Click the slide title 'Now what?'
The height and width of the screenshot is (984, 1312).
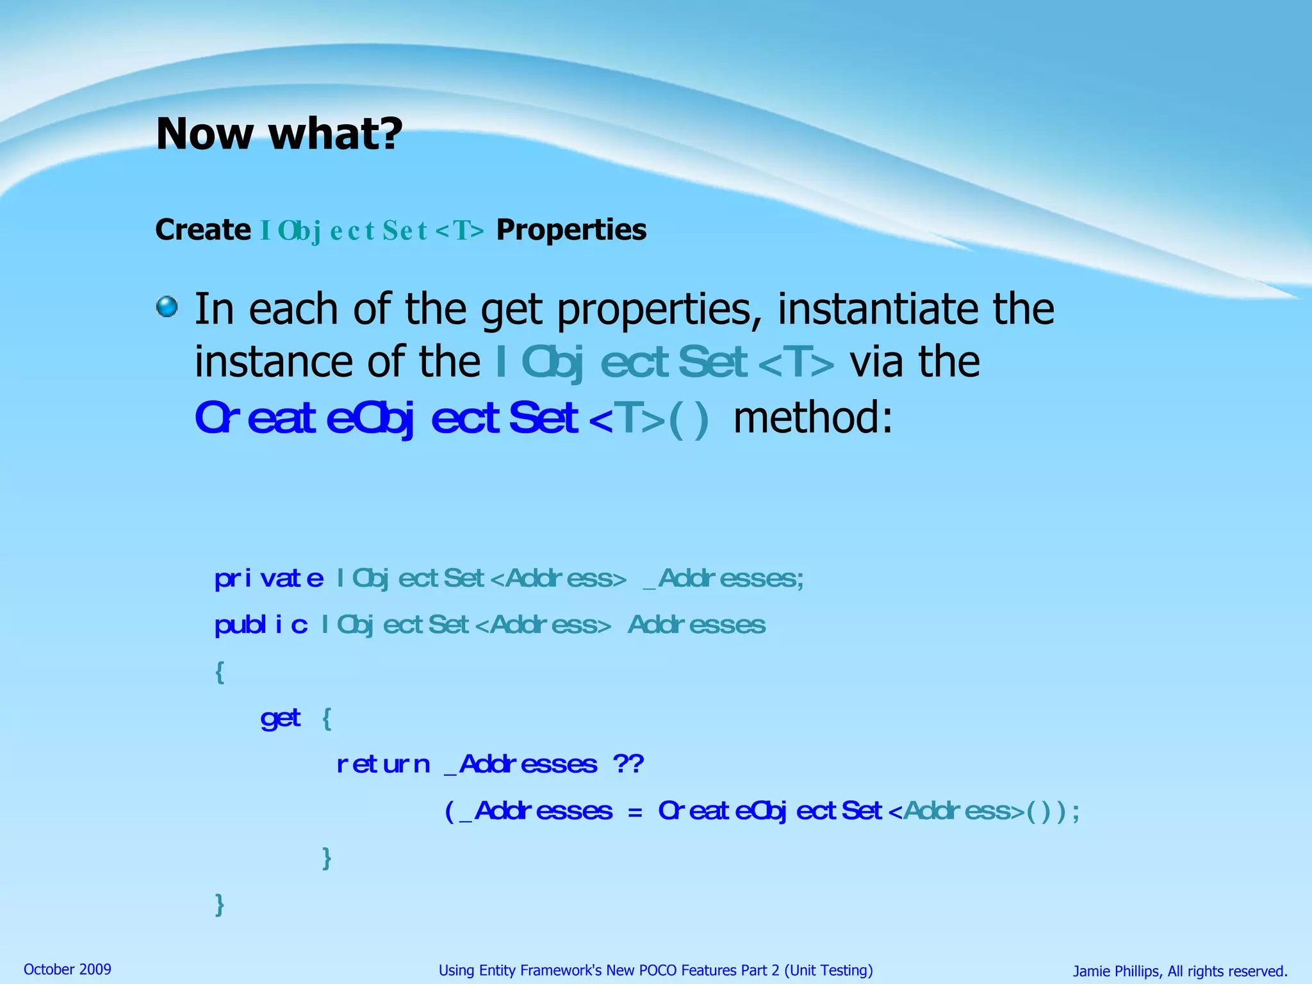(x=279, y=134)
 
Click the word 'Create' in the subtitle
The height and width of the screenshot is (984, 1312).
(x=203, y=230)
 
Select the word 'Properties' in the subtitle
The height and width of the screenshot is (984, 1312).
(x=571, y=230)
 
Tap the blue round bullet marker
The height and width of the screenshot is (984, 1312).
(x=167, y=306)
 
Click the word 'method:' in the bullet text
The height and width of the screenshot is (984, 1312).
(x=812, y=418)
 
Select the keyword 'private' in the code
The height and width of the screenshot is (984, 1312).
(x=269, y=578)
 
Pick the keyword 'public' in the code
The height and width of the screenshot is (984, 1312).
(x=261, y=625)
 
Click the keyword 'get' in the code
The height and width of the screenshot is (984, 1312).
(x=281, y=718)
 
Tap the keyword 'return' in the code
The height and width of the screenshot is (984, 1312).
(x=383, y=764)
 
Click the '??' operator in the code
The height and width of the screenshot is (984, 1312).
(x=628, y=764)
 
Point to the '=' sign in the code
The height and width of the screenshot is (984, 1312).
(x=635, y=812)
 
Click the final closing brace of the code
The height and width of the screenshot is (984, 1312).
(x=220, y=905)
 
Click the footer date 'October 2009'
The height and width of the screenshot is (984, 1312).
(x=67, y=969)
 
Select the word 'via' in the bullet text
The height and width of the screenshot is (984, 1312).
(x=877, y=362)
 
